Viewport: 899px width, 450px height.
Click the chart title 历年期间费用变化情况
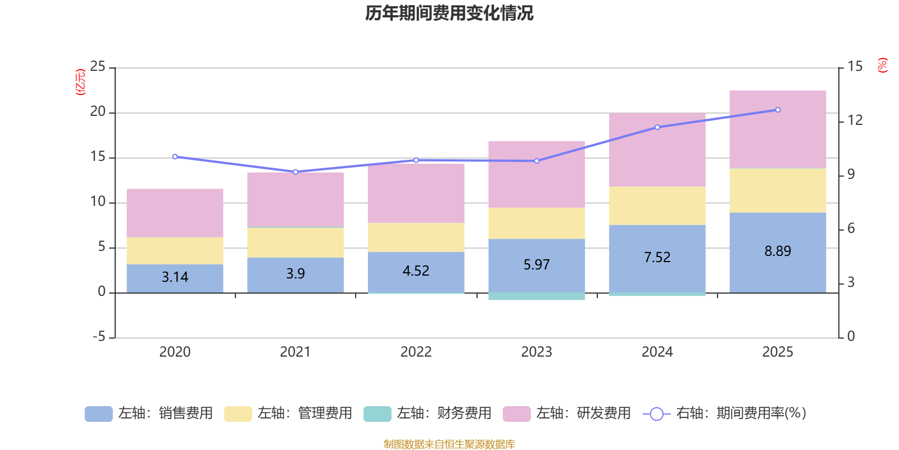(x=449, y=13)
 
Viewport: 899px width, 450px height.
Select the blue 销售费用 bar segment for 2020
(x=175, y=278)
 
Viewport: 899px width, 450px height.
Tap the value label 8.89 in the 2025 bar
(x=778, y=251)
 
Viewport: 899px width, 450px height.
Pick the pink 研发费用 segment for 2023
(x=537, y=174)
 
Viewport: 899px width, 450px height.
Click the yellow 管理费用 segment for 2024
(x=657, y=206)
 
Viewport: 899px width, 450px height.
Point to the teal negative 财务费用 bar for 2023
(x=537, y=296)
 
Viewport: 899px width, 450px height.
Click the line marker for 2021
(x=296, y=172)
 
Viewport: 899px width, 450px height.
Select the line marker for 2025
(x=778, y=110)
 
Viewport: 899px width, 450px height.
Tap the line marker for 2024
(x=657, y=127)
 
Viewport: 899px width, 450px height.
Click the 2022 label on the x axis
(x=416, y=352)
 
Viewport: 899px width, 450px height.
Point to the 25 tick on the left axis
(x=98, y=66)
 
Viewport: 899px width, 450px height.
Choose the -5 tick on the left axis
(x=99, y=337)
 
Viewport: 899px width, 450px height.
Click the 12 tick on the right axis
(x=855, y=120)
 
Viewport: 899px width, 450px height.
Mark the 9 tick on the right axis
(x=851, y=174)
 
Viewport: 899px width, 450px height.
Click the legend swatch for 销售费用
(x=99, y=414)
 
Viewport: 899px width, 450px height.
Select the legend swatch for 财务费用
(x=377, y=414)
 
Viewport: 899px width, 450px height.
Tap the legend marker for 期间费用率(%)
(x=657, y=414)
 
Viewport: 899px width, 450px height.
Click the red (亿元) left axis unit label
(x=80, y=82)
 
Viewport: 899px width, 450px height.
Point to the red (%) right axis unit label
(x=882, y=65)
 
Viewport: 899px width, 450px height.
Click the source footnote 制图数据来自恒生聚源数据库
(x=449, y=444)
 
